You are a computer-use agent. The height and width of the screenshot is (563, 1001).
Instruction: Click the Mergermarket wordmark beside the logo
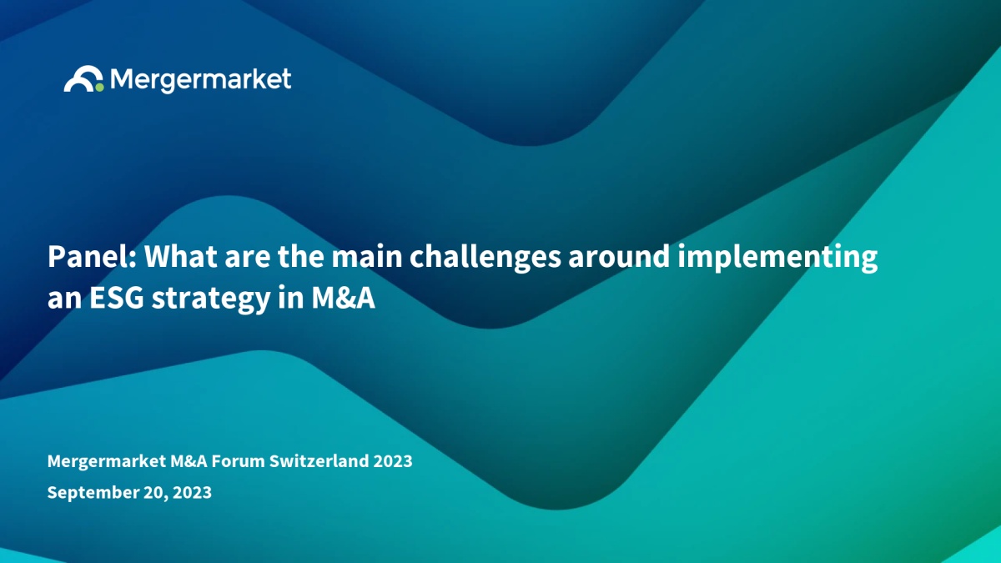(x=201, y=80)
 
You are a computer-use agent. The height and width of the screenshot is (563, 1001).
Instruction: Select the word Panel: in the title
(x=92, y=257)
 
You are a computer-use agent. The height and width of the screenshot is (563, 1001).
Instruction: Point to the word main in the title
(x=366, y=257)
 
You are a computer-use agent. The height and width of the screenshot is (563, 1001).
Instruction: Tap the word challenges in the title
(x=485, y=259)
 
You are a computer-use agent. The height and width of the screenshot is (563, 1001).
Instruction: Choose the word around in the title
(x=619, y=257)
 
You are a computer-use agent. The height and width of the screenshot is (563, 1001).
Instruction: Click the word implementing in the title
(x=777, y=259)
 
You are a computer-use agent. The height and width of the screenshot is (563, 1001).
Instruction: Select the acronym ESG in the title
(x=117, y=298)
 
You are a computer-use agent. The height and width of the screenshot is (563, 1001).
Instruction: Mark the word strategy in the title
(x=211, y=299)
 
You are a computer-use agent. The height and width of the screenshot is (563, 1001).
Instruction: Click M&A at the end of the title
(x=343, y=298)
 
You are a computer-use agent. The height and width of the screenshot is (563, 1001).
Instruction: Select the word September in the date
(x=93, y=493)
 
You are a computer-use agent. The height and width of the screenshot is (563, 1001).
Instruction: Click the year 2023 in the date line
(x=192, y=492)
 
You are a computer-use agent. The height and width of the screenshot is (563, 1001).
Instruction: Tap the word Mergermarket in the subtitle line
(x=107, y=460)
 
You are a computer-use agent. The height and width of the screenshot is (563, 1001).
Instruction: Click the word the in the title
(x=301, y=257)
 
